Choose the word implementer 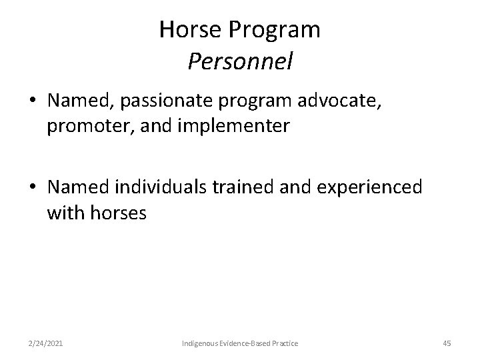click(240, 126)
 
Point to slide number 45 click(447, 343)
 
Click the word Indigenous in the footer click(202, 343)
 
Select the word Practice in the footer click(284, 343)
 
